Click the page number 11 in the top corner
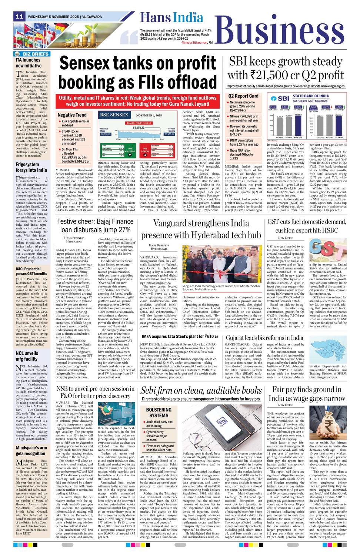tap(19, 16)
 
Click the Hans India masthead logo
tap(171, 17)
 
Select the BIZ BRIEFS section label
tap(33, 54)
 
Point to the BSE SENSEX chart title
tap(114, 115)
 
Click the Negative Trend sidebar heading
tap(72, 115)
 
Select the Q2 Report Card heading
tap(243, 96)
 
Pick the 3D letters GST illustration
tap(325, 249)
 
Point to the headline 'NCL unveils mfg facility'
tap(27, 356)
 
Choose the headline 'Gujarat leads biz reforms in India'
tap(264, 338)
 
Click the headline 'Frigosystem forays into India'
tap(31, 167)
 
